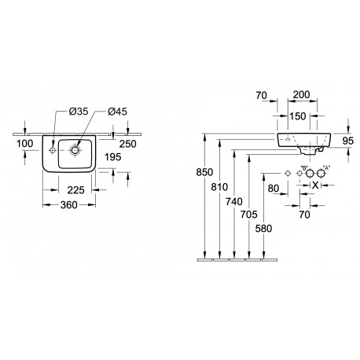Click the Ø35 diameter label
point(79,112)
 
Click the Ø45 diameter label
point(117,112)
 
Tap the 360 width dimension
point(69,205)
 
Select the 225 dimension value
point(76,190)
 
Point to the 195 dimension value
point(113,157)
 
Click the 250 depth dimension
point(128,144)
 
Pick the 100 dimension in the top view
point(25,144)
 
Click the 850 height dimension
point(204,172)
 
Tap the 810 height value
point(219,187)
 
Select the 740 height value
point(234,202)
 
